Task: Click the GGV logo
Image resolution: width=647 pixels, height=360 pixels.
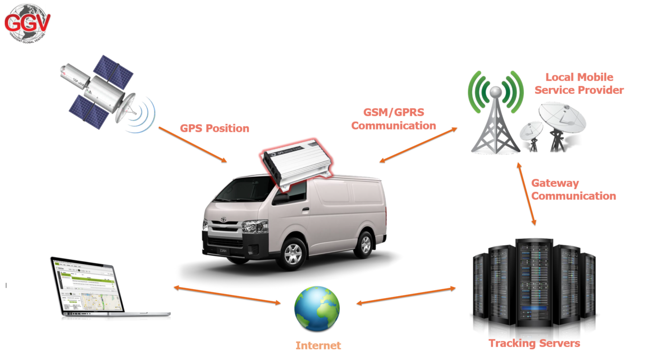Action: [x=27, y=22]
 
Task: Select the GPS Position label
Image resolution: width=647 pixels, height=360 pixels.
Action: [x=214, y=128]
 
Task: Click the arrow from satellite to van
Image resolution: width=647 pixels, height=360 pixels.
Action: [x=193, y=145]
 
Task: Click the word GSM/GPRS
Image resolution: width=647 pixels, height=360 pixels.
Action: [x=394, y=112]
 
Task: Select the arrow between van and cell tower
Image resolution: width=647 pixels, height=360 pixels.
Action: [x=418, y=145]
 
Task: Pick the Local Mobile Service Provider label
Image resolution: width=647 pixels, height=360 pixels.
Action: [x=579, y=84]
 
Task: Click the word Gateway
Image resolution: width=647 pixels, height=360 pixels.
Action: [x=555, y=183]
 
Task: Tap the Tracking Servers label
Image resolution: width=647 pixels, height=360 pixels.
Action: [x=534, y=343]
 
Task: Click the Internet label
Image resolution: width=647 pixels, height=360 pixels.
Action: [x=318, y=346]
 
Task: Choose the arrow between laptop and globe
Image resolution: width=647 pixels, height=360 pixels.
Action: [x=227, y=295]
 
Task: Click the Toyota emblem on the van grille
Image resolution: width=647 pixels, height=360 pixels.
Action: [x=224, y=220]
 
